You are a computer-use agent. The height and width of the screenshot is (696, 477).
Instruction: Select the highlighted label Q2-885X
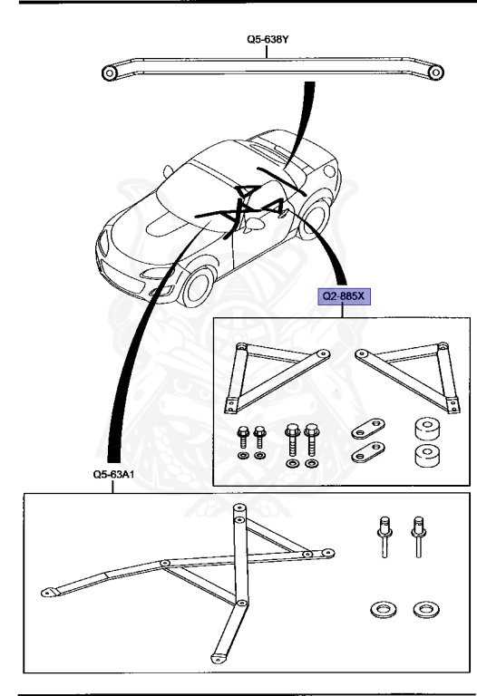click(x=342, y=296)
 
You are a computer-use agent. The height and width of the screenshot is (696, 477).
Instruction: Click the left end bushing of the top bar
click(x=110, y=72)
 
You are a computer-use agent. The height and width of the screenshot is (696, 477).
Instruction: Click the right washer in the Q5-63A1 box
click(x=421, y=610)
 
